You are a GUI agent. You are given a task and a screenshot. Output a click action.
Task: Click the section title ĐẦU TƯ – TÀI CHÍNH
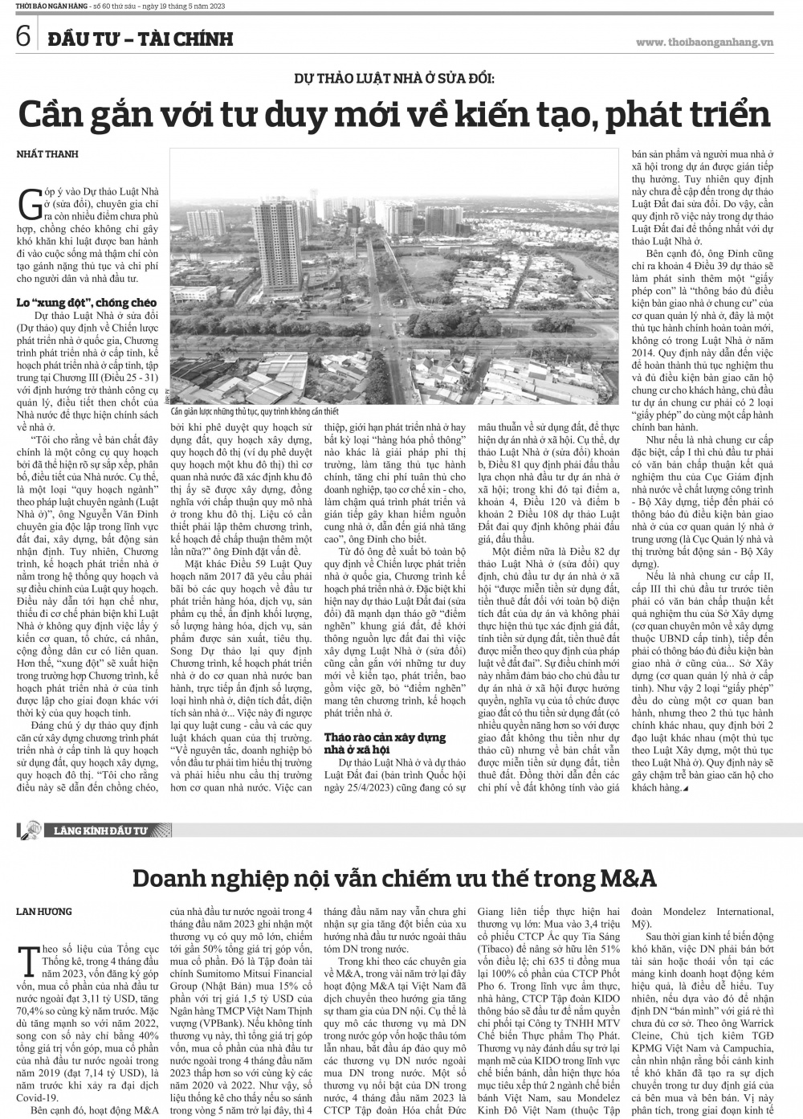(138, 38)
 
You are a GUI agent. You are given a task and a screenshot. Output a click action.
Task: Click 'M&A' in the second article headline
(622, 878)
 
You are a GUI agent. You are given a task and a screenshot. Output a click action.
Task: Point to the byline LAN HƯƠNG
(44, 911)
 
